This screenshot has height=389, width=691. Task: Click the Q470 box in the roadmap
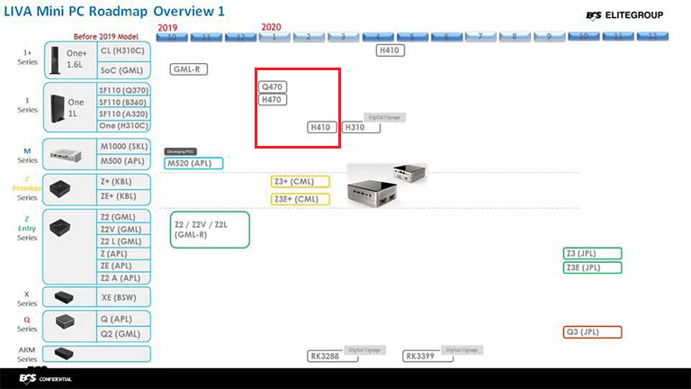273,86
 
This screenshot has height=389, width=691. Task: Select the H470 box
273,100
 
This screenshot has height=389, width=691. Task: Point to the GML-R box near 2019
190,69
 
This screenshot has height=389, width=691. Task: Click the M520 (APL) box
193,163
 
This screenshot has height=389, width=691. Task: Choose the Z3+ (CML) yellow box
301,181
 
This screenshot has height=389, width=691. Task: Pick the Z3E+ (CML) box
301,199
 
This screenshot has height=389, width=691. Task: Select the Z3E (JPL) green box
592,267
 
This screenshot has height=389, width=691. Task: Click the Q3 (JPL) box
592,331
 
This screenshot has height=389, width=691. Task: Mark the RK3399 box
425,356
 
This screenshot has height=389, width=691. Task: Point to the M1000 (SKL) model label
124,148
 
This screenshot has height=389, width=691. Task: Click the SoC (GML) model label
122,69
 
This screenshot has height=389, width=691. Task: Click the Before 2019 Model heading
104,36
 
